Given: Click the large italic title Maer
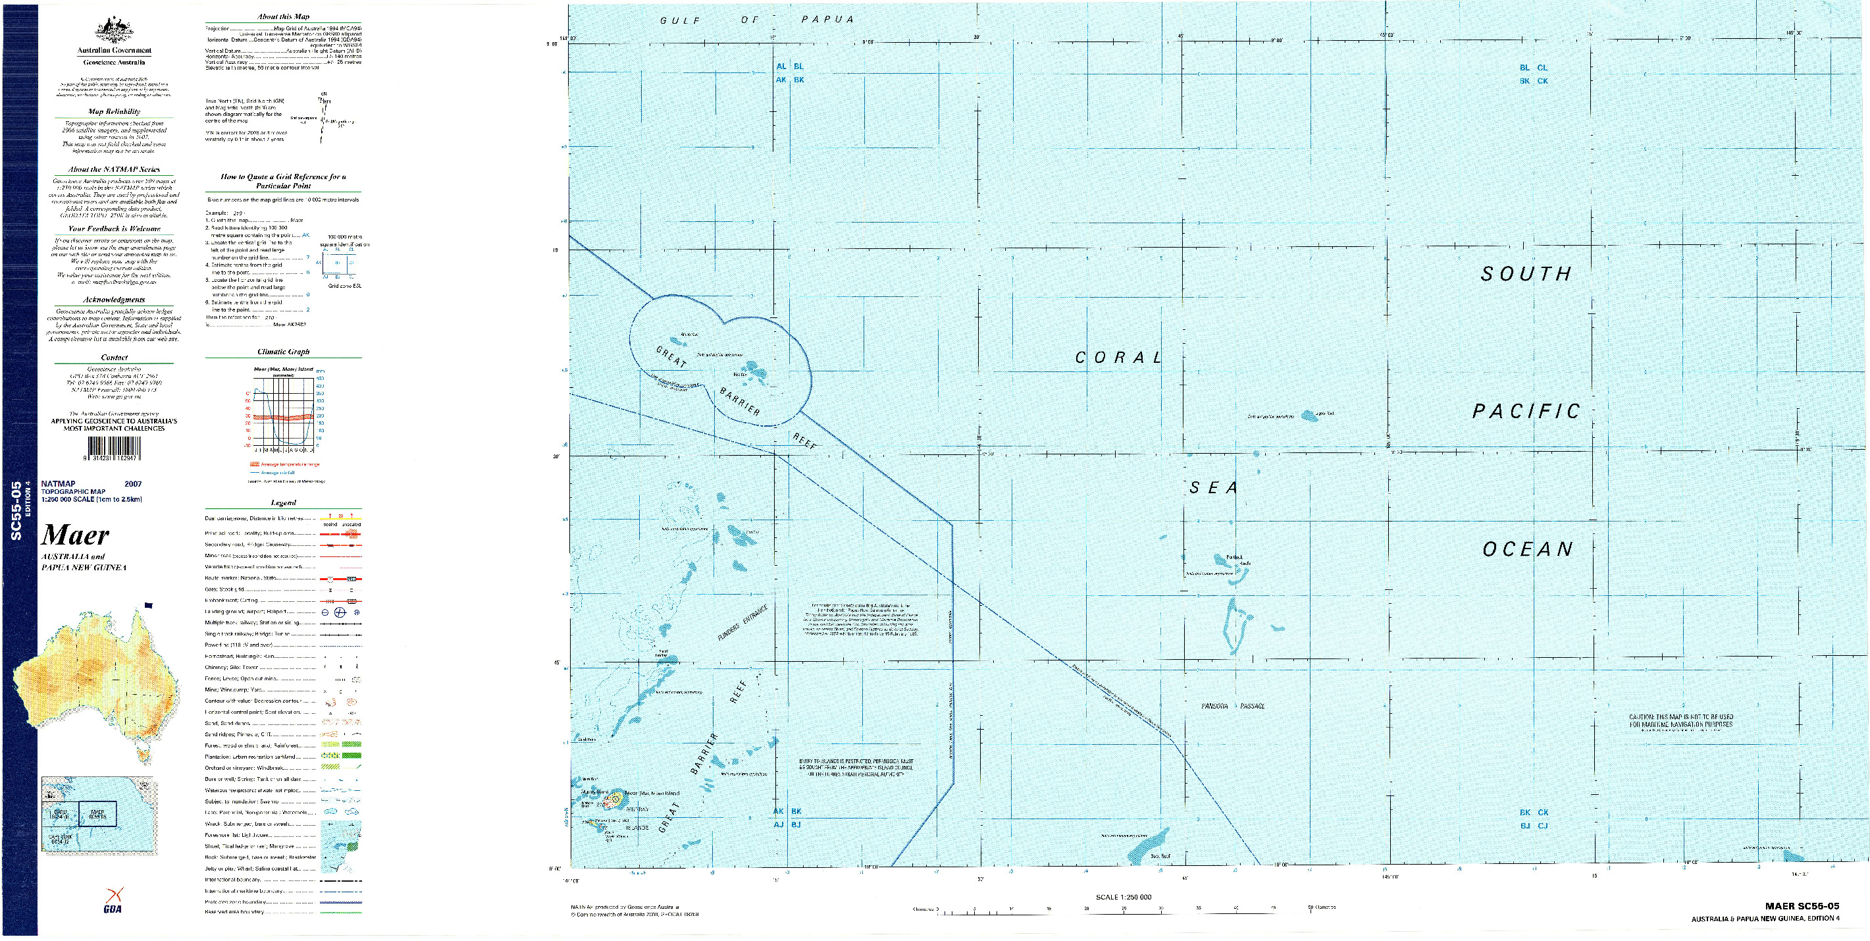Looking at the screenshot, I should click(x=76, y=536).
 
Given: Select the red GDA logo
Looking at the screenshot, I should click(x=113, y=900).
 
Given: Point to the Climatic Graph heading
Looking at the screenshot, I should click(x=283, y=352).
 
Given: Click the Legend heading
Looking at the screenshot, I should click(x=283, y=502).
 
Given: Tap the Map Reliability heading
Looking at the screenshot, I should click(x=114, y=112).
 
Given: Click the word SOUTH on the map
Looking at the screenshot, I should click(x=1526, y=274).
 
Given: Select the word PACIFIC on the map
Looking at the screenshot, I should click(x=1526, y=412).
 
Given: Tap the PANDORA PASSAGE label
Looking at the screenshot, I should click(x=1233, y=706).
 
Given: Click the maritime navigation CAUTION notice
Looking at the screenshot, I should click(x=1681, y=721).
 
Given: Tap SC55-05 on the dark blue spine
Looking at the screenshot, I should click(x=16, y=512).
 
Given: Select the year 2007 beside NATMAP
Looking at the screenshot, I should click(x=133, y=483).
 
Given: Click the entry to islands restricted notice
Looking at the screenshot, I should click(x=856, y=768).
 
